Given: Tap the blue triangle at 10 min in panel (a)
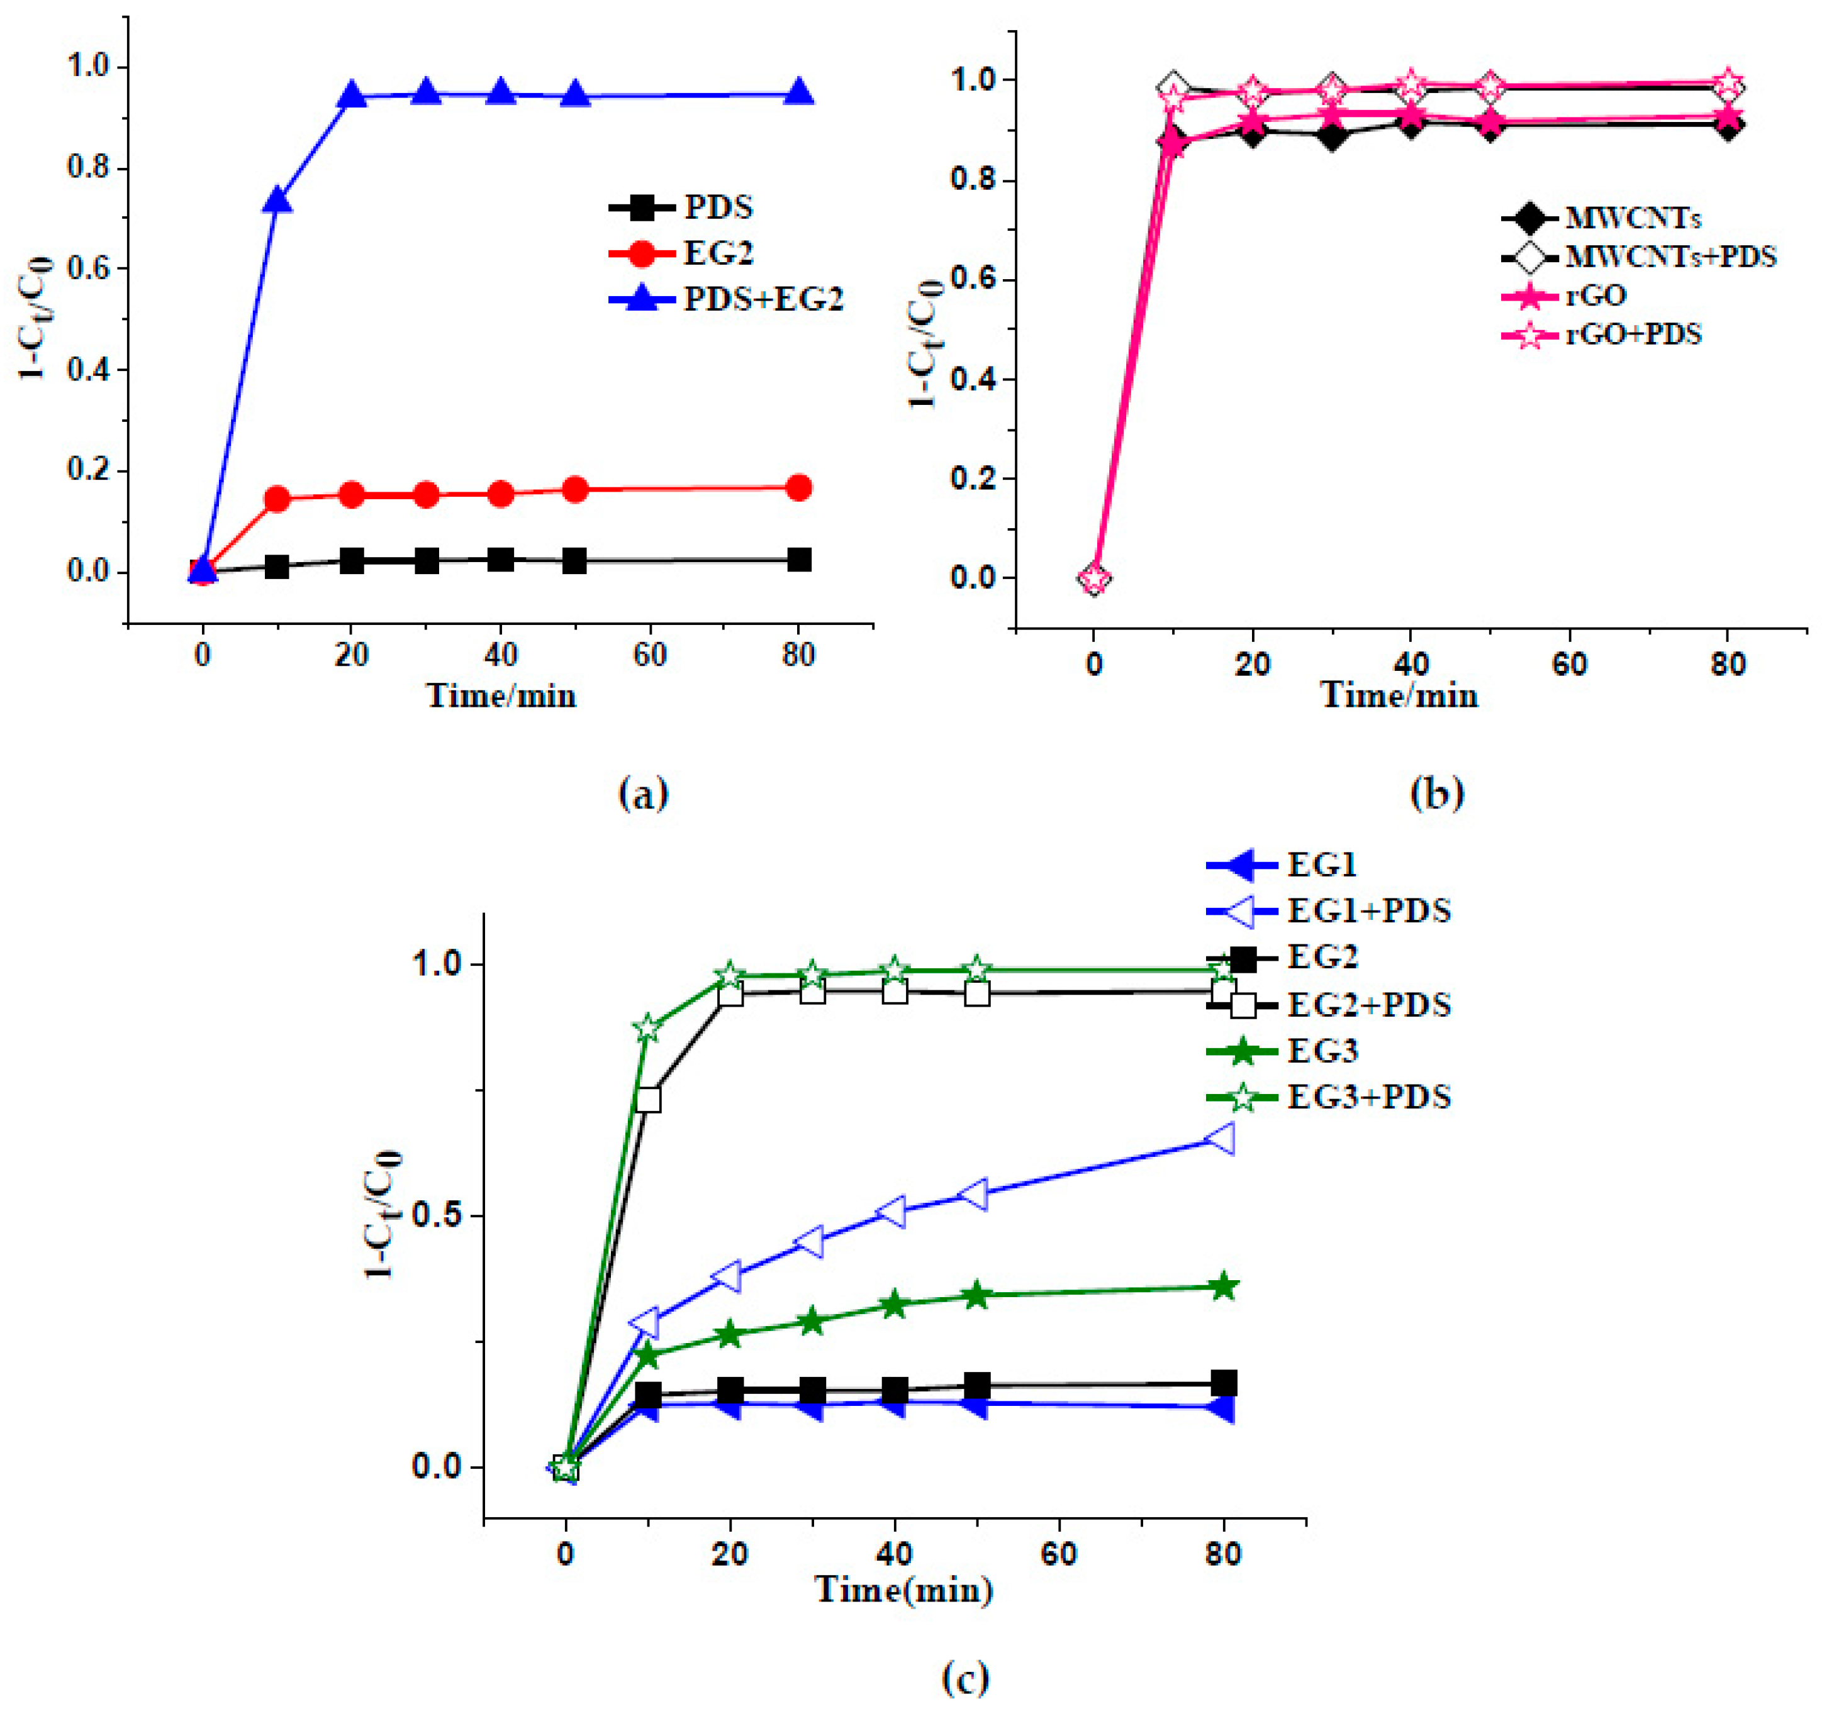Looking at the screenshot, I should (x=277, y=200).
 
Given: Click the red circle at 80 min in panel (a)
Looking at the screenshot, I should (x=798, y=487).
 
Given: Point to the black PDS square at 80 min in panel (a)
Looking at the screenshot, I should (x=798, y=560).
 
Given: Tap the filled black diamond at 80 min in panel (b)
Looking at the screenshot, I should (x=1728, y=126).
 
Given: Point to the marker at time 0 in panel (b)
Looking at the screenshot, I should (x=1094, y=578).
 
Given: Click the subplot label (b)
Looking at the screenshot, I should (x=1436, y=792).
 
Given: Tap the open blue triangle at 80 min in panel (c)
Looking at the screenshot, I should (x=1222, y=1139).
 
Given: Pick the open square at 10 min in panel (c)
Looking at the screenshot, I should (x=648, y=1098).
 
